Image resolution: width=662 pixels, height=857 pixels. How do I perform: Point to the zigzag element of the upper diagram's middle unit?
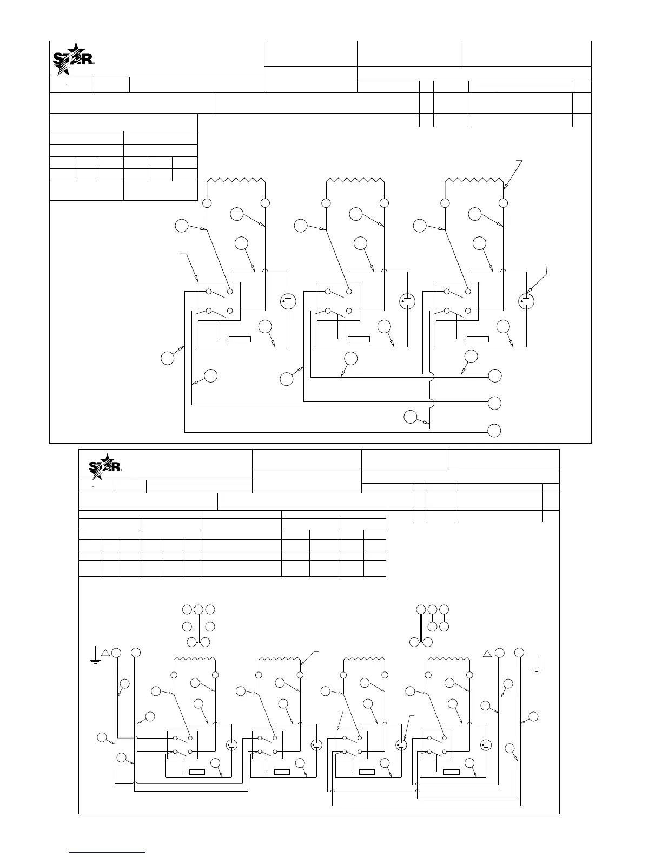tap(355, 180)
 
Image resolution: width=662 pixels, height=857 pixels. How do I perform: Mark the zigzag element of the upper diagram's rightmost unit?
tap(474, 180)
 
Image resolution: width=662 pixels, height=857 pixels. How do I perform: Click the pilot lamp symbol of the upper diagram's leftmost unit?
tap(288, 301)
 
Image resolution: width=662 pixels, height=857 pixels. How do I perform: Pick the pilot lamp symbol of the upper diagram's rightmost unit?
tap(526, 301)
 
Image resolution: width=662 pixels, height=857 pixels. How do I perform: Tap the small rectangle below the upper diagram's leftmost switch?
tap(240, 339)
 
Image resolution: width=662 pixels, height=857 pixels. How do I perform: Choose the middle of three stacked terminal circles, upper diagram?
tap(494, 403)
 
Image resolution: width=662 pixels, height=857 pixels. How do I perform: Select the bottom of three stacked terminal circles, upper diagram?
tap(494, 431)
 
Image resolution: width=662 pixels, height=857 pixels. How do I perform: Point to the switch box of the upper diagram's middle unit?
tap(339, 301)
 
